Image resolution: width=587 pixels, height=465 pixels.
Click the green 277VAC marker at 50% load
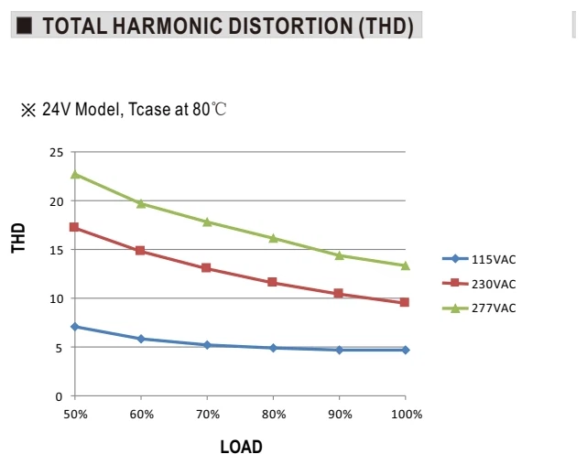coord(75,174)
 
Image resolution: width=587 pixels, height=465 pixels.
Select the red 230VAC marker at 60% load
coord(140,250)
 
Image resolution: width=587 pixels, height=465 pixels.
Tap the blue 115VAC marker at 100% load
coord(406,350)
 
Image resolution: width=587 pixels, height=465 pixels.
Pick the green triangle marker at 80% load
coord(273,238)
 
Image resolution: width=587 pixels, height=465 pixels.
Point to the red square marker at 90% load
coord(339,293)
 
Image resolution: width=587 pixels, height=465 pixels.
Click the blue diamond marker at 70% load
coord(207,345)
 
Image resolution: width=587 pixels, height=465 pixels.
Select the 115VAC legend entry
coord(479,259)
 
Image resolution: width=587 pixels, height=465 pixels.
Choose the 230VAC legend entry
coord(479,284)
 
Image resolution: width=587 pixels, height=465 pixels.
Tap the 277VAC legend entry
coord(479,308)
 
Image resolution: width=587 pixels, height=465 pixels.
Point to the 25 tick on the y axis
coord(56,153)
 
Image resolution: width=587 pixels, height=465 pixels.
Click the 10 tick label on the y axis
coord(56,299)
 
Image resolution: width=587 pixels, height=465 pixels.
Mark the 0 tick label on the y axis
coord(59,396)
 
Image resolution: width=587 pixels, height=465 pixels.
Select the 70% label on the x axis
coord(208,415)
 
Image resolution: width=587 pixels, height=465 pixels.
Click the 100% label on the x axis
coord(407,415)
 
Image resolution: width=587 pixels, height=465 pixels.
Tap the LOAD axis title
coord(241,447)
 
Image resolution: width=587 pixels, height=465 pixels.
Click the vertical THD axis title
coord(18,238)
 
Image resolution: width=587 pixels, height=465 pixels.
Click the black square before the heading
coord(25,26)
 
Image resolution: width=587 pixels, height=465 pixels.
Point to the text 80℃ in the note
coord(210,109)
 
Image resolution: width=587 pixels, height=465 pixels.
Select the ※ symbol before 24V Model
coord(28,110)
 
